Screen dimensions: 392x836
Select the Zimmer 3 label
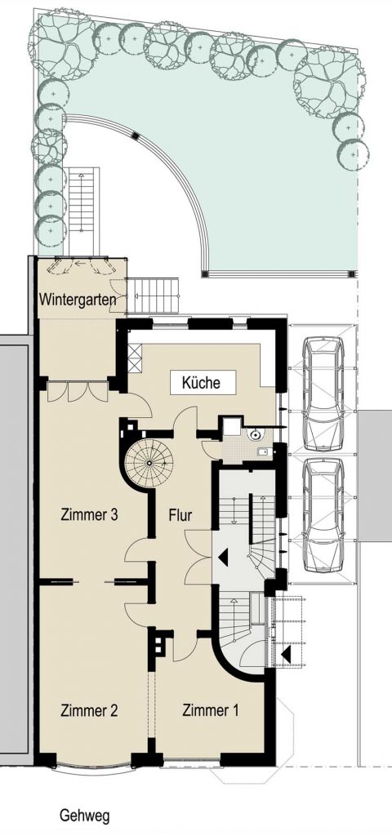89,515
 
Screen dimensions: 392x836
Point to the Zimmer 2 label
89,710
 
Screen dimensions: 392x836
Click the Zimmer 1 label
211,710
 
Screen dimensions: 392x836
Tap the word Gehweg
85,816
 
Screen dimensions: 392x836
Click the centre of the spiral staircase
149,462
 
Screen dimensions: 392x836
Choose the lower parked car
323,515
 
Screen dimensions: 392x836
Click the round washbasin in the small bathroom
256,434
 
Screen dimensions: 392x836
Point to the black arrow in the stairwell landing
223,558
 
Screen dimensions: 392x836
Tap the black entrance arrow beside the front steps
287,654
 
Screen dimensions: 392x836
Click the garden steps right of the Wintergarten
154,296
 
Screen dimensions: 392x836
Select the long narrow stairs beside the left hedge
84,211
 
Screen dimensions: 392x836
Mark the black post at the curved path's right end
351,274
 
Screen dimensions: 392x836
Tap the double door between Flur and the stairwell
198,557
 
